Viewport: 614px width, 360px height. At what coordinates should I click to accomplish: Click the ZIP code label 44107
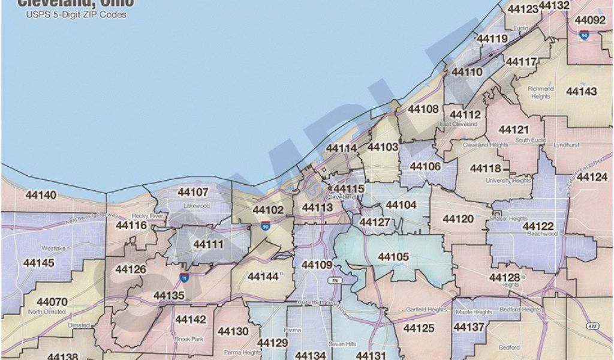tap(193, 193)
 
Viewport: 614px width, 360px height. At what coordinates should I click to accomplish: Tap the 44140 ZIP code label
tap(41, 195)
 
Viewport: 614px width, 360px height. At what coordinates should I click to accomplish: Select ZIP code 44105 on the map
tap(393, 257)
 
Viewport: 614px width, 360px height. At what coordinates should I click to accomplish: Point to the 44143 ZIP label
tap(581, 91)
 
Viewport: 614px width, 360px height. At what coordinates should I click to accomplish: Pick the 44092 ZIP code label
tap(590, 20)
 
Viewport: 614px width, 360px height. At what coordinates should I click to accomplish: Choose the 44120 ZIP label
tap(458, 220)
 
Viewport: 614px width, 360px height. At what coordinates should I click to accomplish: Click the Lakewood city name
tap(196, 205)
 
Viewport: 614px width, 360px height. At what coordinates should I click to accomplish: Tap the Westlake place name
tap(52, 248)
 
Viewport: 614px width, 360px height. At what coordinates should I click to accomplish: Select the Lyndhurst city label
tap(565, 145)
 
